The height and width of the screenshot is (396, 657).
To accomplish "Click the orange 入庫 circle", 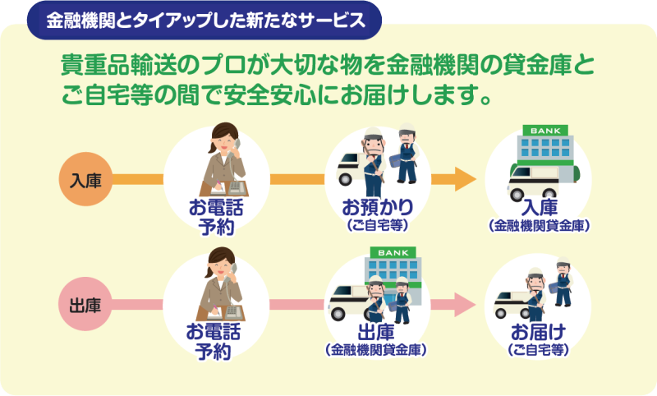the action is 85,179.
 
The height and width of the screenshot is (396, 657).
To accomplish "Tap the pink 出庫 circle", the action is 85,304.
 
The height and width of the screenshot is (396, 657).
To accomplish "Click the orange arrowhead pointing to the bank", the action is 465,179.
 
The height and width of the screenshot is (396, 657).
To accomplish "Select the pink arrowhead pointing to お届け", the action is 465,304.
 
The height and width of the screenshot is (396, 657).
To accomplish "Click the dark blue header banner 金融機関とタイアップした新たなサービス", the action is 204,20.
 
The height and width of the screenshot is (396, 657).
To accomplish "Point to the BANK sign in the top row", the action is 545,131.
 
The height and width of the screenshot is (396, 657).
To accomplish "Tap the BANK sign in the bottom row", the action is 393,253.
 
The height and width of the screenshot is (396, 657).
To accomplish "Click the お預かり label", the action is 378,207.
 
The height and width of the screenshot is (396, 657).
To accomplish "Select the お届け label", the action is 539,332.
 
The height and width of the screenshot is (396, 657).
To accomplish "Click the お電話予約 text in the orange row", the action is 216,217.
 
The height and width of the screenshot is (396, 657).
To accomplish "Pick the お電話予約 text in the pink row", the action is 214,342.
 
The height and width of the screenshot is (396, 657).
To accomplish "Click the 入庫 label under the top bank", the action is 540,207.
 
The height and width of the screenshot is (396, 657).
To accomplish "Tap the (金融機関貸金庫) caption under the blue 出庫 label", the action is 376,350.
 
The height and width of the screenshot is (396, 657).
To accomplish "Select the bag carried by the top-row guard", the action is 397,161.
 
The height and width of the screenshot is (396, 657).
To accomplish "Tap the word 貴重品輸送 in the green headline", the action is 119,67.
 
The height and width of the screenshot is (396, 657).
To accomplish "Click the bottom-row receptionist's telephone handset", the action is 232,273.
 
